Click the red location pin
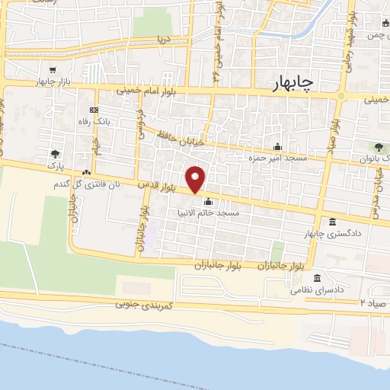[x=196, y=180]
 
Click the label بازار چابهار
[x=56, y=81]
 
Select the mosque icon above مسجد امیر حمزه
[x=277, y=147]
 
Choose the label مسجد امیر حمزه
[x=273, y=158]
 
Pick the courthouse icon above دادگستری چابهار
[x=331, y=222]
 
